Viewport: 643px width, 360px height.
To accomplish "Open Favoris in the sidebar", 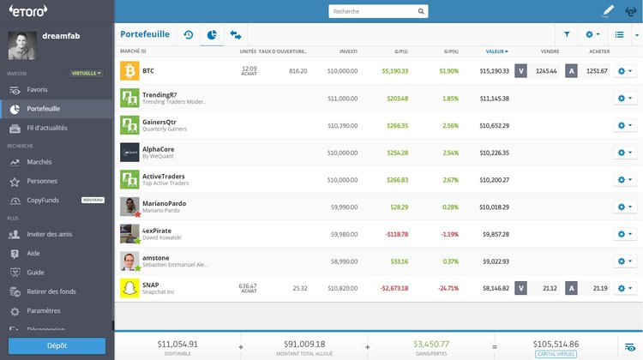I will click(37, 89).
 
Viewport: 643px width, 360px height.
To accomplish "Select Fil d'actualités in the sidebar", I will click(47, 128).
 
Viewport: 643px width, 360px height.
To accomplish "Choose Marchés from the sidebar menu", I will click(39, 161).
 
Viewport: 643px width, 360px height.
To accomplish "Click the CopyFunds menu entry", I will click(44, 200).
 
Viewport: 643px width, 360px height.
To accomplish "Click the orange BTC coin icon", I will click(129, 70).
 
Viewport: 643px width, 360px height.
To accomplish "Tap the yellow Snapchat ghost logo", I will click(129, 288).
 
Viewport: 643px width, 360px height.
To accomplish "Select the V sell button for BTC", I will click(520, 71).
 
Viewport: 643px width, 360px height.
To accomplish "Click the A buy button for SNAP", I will click(571, 289).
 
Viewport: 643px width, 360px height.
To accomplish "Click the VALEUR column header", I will click(496, 51).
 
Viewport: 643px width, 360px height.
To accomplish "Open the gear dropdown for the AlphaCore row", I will click(626, 153).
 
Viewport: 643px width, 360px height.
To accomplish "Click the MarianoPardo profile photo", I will click(129, 207).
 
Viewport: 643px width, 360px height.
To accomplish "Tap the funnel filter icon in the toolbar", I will click(567, 35).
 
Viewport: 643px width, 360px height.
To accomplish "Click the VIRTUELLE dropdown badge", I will click(86, 73).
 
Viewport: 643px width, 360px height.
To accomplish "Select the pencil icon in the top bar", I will click(609, 11).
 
